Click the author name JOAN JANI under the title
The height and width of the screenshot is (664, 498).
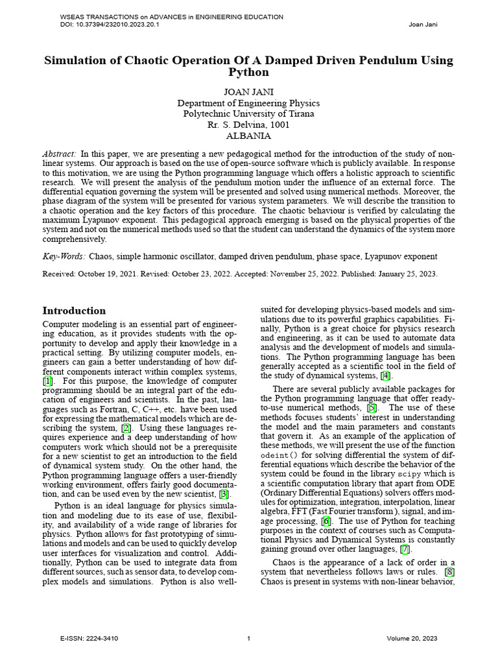coord(248,92)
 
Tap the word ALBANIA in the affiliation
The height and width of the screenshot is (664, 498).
coord(248,136)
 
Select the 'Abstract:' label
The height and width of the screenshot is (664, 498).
coord(60,154)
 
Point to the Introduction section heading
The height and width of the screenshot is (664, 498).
coord(74,311)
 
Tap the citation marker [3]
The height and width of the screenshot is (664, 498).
coord(224,494)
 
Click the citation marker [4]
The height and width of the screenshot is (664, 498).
coord(386,375)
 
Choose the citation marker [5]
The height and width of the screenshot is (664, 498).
coord(372,408)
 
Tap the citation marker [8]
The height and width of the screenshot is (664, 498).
coord(450,572)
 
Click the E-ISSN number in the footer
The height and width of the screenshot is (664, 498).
coord(89,639)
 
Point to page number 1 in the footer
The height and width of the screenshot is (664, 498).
coord(249,639)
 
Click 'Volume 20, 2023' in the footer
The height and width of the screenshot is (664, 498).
coord(412,639)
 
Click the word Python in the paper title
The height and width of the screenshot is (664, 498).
coord(248,73)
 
